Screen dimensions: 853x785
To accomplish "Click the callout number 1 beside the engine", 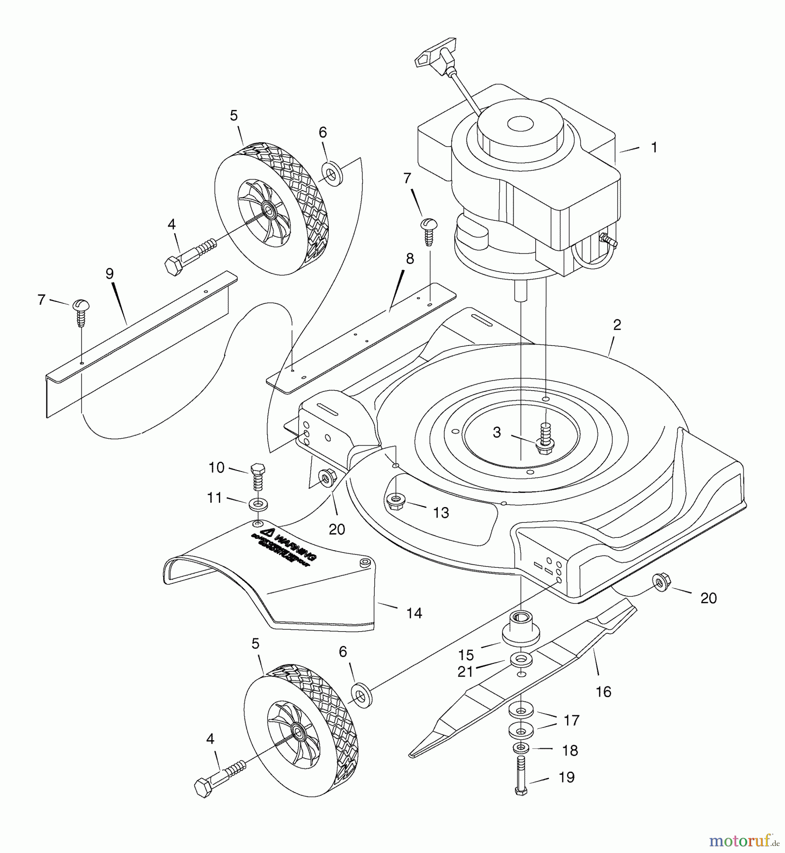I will [654, 148].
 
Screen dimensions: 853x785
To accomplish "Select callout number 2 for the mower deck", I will [616, 325].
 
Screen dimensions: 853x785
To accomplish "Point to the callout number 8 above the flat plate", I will [410, 259].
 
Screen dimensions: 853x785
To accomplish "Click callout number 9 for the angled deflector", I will [110, 273].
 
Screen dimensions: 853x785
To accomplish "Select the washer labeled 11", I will [257, 503].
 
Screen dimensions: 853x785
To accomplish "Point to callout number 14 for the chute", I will [414, 613].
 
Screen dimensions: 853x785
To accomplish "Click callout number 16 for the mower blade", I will [604, 692].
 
